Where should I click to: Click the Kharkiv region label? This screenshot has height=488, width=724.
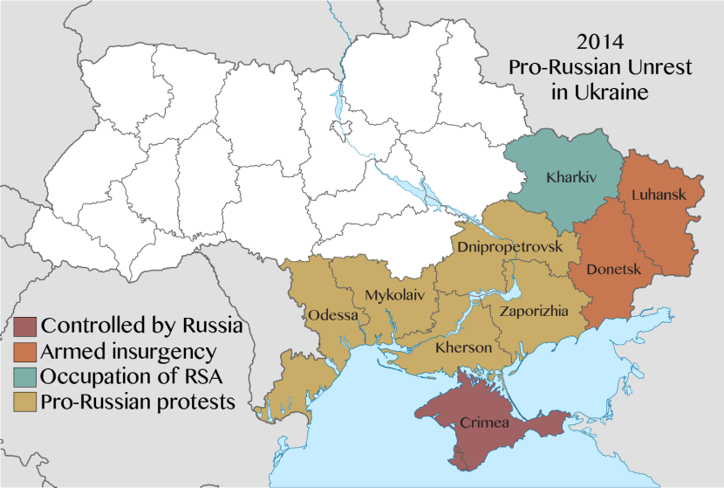click(x=570, y=178)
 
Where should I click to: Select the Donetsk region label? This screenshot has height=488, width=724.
click(x=614, y=269)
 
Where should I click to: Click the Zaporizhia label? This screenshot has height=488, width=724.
click(x=533, y=310)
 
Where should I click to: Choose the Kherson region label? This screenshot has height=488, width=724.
click(x=463, y=347)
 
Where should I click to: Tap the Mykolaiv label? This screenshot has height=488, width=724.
click(x=395, y=295)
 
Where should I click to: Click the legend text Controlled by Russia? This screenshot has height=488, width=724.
click(x=141, y=327)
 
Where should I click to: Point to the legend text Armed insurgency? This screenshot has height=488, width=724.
click(x=128, y=352)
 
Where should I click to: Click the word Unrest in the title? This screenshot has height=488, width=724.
click(x=650, y=66)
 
